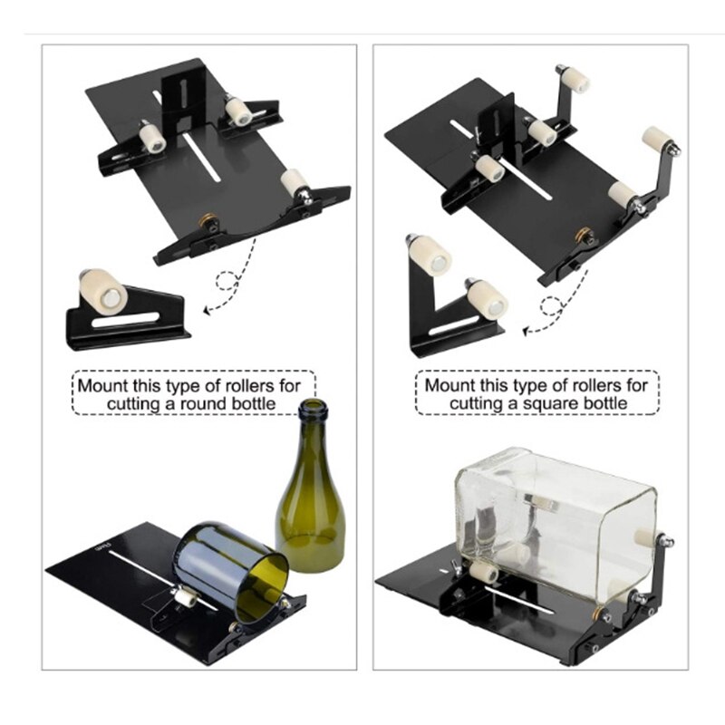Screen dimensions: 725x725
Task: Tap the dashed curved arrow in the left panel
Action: [x=230, y=285]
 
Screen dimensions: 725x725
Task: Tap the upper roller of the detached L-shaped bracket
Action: [x=430, y=257]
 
